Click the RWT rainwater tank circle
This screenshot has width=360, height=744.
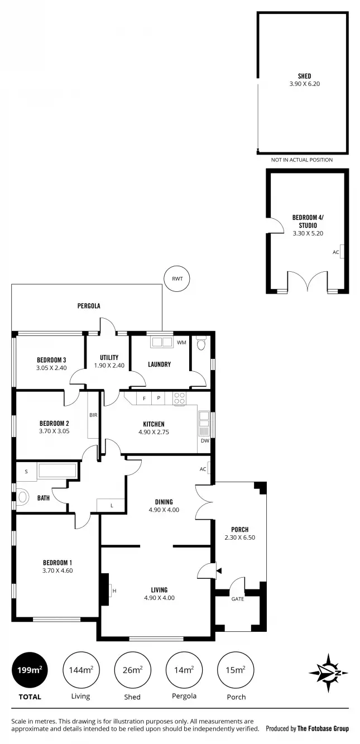pyautogui.click(x=177, y=278)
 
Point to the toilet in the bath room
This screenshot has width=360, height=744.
pyautogui.click(x=22, y=497)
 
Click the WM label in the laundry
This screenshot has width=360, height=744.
pyautogui.click(x=181, y=342)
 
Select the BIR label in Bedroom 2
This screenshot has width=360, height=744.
pyautogui.click(x=93, y=415)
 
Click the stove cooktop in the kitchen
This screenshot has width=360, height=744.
pyautogui.click(x=179, y=399)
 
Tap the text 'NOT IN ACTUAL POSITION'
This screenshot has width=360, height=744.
pyautogui.click(x=302, y=160)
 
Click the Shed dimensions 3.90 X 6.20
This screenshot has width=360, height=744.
pyautogui.click(x=304, y=84)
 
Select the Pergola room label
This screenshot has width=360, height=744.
pyautogui.click(x=88, y=306)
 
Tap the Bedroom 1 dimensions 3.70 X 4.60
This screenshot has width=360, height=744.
pyautogui.click(x=57, y=570)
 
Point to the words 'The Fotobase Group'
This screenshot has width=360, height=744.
pyautogui.click(x=323, y=728)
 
